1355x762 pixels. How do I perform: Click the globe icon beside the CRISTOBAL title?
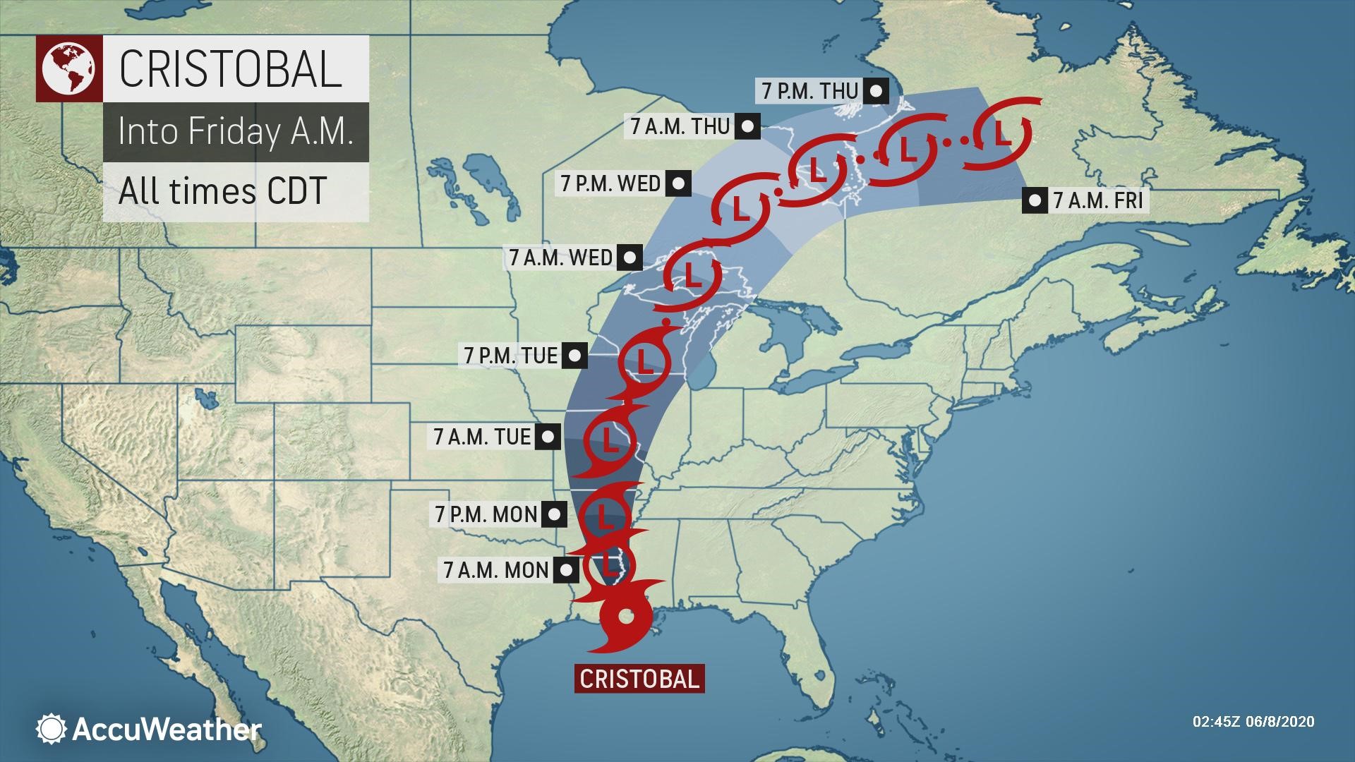[68, 68]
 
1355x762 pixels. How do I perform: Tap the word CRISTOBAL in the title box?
[231, 68]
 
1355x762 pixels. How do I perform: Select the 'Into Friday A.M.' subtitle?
[236, 132]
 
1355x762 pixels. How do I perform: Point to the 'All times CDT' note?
[223, 191]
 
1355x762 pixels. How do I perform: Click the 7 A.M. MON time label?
[497, 569]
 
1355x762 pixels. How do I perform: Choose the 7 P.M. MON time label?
[486, 514]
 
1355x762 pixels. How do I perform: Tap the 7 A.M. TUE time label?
[483, 437]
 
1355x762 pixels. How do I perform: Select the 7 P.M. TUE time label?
[511, 355]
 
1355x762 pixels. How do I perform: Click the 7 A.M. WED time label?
[561, 258]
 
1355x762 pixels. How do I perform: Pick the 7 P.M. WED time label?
[611, 183]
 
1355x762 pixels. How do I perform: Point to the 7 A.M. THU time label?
[680, 126]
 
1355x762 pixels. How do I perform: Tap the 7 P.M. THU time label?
[810, 91]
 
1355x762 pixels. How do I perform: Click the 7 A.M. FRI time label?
[1097, 201]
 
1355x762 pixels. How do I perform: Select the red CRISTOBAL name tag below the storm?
[639, 679]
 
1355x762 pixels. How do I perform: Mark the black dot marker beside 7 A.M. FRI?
[1035, 201]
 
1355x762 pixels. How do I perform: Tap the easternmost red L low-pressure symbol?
[1001, 134]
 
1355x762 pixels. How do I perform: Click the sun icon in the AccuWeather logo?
[52, 729]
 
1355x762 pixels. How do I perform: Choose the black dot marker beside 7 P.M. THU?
[877, 91]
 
